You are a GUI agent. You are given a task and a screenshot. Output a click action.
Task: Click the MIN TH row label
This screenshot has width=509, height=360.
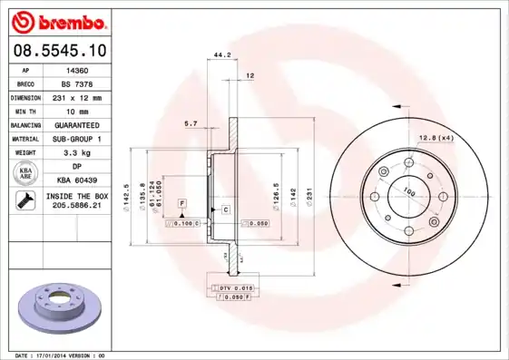24,111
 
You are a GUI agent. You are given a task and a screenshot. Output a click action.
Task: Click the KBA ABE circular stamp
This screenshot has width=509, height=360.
24,173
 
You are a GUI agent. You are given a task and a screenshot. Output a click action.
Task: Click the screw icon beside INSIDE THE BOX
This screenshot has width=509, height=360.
24,202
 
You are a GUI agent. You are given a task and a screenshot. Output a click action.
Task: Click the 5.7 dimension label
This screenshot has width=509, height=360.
191,122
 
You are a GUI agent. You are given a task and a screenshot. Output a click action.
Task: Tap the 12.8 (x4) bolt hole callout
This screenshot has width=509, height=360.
435,137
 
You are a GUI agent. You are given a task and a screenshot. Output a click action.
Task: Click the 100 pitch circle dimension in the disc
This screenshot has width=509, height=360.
409,192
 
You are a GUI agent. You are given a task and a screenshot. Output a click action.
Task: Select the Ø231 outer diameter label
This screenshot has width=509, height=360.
308,193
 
